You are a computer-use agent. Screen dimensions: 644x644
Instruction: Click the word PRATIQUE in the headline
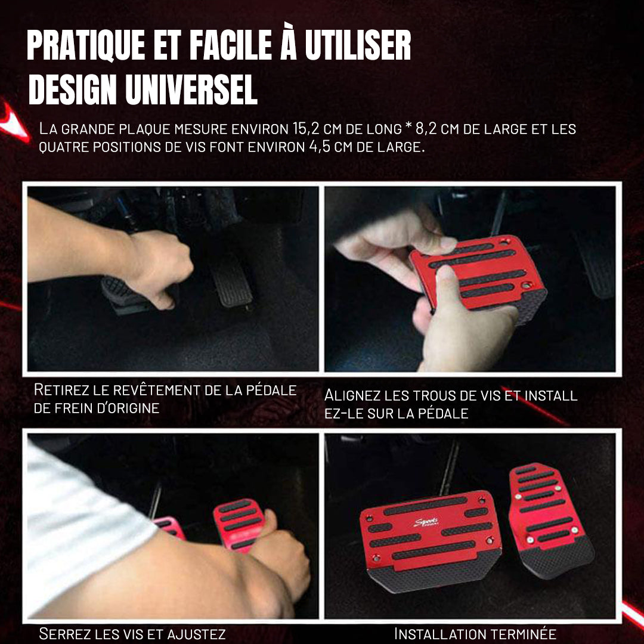click(86, 45)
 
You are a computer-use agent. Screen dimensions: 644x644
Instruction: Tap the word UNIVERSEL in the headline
click(191, 89)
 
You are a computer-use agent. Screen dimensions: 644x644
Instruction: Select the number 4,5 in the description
click(320, 147)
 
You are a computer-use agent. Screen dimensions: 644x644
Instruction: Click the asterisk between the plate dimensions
click(408, 126)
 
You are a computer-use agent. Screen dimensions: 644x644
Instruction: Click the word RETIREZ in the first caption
click(61, 390)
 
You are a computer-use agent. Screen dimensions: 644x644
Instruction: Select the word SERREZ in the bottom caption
click(66, 634)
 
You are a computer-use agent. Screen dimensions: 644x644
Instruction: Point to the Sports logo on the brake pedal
click(426, 522)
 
